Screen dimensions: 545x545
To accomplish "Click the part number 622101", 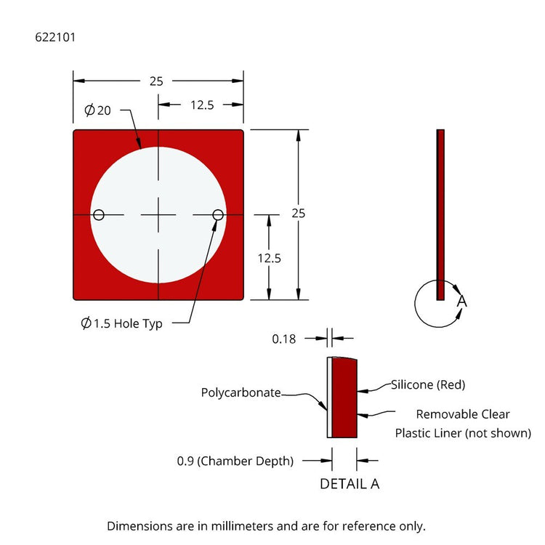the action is coord(55,37).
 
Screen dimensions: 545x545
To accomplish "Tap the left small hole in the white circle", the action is coord(99,215).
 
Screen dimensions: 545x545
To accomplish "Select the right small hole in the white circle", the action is coord(218,215).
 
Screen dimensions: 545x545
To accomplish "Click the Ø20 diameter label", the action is coord(97,110).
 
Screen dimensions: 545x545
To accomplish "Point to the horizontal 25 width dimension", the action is coord(156,81).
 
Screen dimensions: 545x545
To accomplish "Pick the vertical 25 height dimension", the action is coord(298,213).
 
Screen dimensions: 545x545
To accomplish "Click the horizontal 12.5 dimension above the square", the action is coord(202,105).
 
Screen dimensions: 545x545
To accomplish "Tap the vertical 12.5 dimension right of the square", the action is coord(269,258).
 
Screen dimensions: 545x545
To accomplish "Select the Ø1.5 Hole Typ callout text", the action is coord(121,323).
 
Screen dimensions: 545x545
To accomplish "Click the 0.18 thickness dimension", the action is coord(283,339).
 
